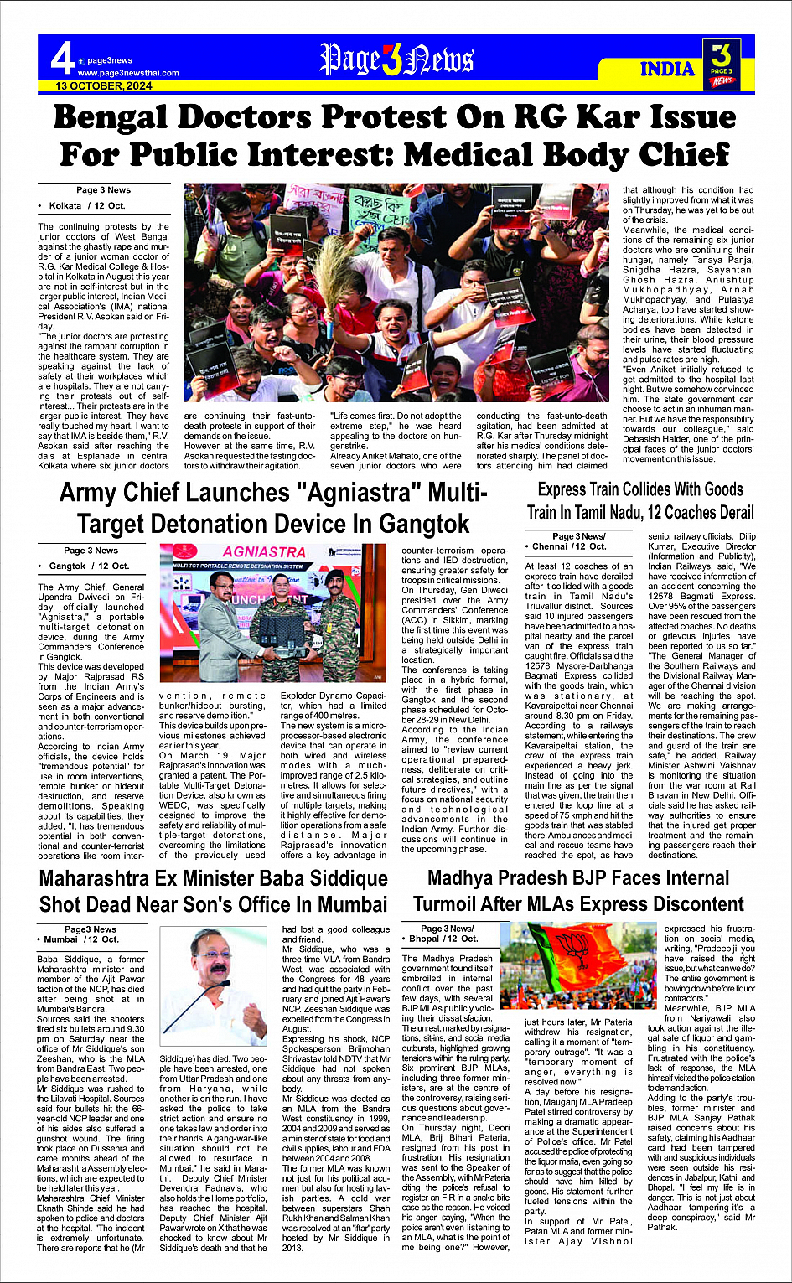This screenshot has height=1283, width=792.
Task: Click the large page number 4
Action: (62, 59)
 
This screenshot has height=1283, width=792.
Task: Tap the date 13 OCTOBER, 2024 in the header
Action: (104, 85)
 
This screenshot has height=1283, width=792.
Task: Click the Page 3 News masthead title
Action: (397, 60)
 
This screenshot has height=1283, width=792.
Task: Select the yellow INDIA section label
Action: (667, 69)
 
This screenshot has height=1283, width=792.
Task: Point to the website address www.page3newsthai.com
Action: (128, 73)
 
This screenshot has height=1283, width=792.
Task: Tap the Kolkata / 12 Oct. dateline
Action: (87, 205)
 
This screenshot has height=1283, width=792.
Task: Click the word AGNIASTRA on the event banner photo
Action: (264, 552)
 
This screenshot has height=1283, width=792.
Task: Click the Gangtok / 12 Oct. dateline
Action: (89, 566)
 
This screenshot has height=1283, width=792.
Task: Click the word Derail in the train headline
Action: (726, 512)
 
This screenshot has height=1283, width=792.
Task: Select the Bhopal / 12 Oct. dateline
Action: (447, 939)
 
